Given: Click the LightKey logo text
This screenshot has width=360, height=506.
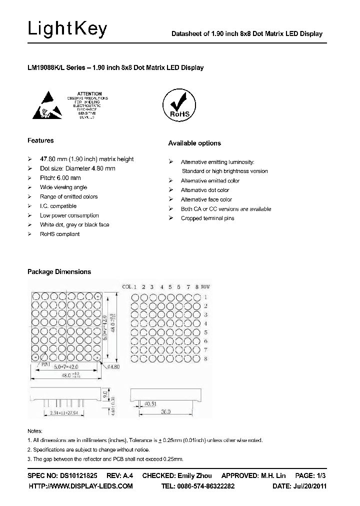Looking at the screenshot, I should [67, 29].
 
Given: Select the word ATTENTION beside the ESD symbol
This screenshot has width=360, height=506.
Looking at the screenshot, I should [89, 93].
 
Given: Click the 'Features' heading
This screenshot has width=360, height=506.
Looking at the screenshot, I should [40, 140].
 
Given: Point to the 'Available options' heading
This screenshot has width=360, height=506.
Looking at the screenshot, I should [194, 143].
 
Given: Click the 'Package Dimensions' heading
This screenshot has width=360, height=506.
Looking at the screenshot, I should [59, 271].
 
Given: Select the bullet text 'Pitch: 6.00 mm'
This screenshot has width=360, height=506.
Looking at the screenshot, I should [60, 178].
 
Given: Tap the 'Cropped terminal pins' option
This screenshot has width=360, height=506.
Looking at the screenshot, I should [207, 218].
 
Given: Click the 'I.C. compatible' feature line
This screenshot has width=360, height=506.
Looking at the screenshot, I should [58, 206].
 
